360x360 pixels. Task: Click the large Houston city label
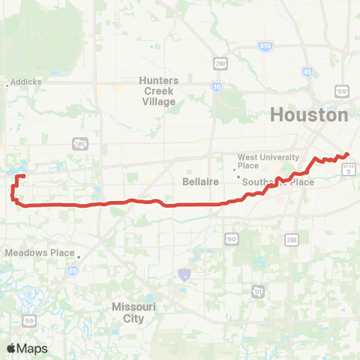pos(308,115)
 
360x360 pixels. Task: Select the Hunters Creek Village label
pos(157,91)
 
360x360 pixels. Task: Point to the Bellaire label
pos(199,181)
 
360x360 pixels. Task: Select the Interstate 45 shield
pos(307,72)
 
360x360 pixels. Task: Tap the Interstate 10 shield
pos(217,88)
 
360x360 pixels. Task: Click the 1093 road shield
pos(79,142)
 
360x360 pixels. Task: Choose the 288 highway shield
pos(291,238)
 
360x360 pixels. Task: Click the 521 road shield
pos(258,290)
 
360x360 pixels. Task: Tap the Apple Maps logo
pos(27,348)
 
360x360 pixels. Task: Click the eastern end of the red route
pos(349,154)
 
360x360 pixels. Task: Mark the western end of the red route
pos(25,176)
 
